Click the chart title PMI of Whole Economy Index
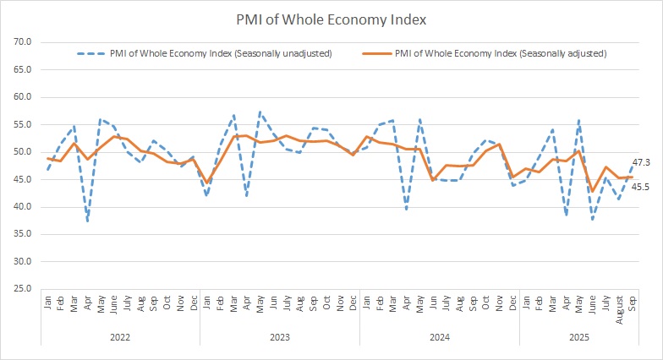331,19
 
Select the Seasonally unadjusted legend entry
219,53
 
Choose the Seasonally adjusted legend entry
500,53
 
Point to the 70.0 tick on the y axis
23,42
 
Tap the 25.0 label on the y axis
23,289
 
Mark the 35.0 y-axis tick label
23,234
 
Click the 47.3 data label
641,161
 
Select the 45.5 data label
641,187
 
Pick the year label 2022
120,336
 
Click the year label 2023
280,336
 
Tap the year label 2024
439,336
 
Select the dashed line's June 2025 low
592,220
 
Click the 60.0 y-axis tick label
23,97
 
